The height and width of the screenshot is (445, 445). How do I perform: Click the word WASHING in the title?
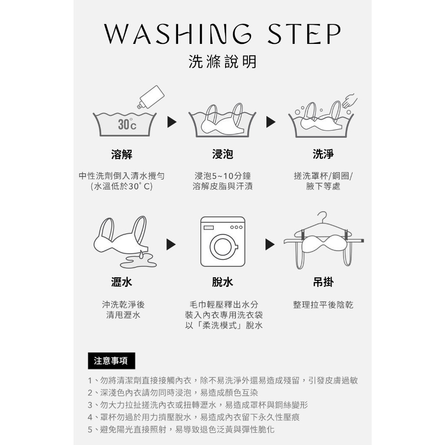click(x=178, y=34)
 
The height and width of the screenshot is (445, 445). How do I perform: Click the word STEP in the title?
click(x=304, y=34)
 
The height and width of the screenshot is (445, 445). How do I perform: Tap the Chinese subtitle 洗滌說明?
click(x=222, y=62)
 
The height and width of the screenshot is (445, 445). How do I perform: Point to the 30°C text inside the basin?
click(x=127, y=124)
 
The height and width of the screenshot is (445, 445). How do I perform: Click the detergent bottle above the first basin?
click(x=151, y=97)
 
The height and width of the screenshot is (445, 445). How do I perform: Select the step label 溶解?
click(x=122, y=154)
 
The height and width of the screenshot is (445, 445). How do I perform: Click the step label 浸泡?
click(x=222, y=154)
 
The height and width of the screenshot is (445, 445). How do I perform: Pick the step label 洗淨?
click(x=323, y=154)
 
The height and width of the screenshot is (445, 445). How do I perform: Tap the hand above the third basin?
click(x=350, y=100)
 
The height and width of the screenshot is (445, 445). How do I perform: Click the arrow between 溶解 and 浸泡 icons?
click(x=172, y=122)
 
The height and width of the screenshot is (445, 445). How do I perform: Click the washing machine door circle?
click(x=223, y=247)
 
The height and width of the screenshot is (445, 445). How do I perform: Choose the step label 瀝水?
click(x=122, y=282)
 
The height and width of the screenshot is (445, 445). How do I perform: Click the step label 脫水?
click(x=222, y=282)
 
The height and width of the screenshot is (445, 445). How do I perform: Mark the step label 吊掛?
click(x=323, y=282)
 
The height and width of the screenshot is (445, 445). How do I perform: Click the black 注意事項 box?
click(x=111, y=361)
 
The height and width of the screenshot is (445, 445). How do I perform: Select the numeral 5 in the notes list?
click(x=90, y=430)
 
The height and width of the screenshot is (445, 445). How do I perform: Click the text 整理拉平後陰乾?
click(x=323, y=305)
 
